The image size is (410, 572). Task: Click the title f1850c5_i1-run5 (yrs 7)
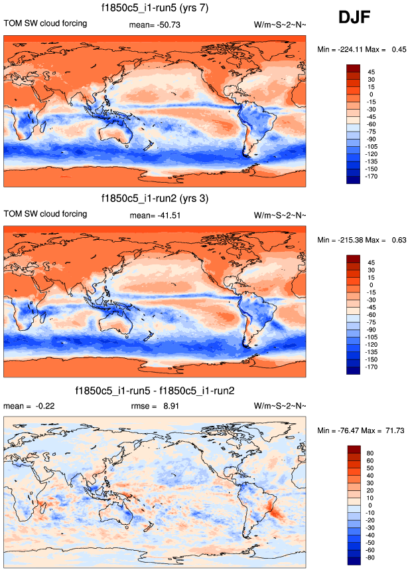[154, 9]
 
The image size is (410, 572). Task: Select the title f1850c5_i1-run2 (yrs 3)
[154, 199]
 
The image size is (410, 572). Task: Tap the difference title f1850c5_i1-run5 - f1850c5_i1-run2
[153, 390]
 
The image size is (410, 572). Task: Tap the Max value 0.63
[397, 239]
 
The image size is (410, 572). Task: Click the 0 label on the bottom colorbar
[370, 506]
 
